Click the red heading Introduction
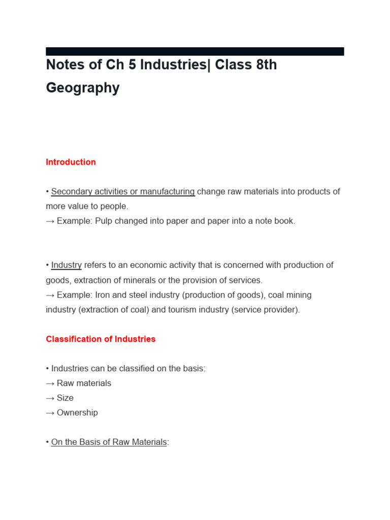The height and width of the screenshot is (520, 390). click(x=71, y=162)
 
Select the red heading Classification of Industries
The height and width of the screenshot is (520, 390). click(x=101, y=339)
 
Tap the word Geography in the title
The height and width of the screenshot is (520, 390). click(x=83, y=88)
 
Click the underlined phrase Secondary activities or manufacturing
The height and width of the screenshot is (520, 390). click(x=123, y=191)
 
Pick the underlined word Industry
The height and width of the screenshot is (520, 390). click(x=67, y=265)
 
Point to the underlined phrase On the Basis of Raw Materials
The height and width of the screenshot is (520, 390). click(x=109, y=442)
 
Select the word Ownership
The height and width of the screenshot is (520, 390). click(x=77, y=412)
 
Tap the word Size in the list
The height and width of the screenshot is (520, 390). click(x=65, y=398)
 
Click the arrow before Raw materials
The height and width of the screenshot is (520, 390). click(x=50, y=383)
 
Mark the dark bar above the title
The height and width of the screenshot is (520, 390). click(x=194, y=51)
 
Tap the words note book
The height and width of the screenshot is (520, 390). click(x=276, y=221)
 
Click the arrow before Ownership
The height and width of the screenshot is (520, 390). click(x=50, y=412)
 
